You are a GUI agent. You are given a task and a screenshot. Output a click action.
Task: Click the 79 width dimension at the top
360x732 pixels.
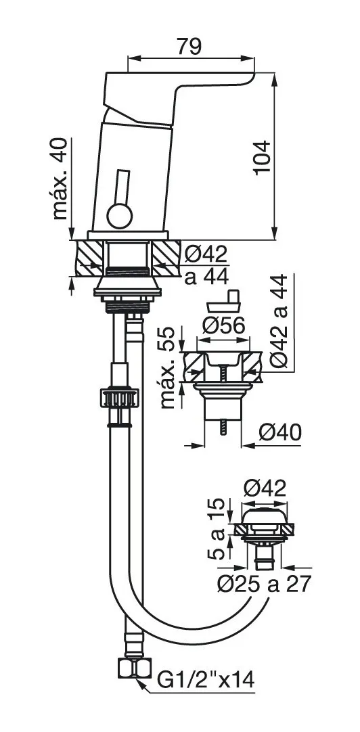[189, 47]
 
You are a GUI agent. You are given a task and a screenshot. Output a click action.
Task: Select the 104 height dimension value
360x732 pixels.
[262, 158]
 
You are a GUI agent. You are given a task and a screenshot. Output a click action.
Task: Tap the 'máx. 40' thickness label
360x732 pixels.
[60, 179]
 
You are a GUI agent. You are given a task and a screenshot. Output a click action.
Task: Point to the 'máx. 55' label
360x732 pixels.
[168, 368]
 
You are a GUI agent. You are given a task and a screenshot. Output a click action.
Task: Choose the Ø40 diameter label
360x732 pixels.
[280, 433]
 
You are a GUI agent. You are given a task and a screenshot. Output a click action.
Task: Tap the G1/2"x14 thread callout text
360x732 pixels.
[206, 680]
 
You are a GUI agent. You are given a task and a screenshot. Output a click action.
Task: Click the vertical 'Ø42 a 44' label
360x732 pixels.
[279, 321]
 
